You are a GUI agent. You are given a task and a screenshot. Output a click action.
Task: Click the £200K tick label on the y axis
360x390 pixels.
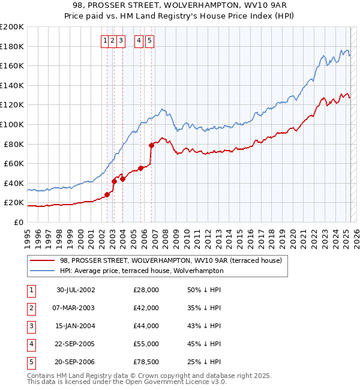pyautogui.click(x=12, y=26)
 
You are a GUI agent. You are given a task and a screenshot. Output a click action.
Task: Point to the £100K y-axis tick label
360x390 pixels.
pyautogui.click(x=12, y=124)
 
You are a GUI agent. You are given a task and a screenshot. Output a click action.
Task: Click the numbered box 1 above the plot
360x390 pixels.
pyautogui.click(x=105, y=41)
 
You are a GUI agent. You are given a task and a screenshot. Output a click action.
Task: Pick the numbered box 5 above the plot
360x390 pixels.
pyautogui.click(x=149, y=41)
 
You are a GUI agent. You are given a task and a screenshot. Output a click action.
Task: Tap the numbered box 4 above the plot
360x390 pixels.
pyautogui.click(x=139, y=41)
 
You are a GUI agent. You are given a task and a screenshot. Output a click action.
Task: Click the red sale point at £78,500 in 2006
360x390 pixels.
pyautogui.click(x=151, y=145)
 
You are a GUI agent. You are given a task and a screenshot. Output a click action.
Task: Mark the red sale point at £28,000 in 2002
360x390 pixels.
pyautogui.click(x=107, y=194)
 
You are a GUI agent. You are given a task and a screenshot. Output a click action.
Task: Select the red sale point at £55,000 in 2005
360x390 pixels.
pyautogui.click(x=141, y=168)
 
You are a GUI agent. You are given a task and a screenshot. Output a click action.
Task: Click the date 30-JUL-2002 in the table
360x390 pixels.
pyautogui.click(x=76, y=290)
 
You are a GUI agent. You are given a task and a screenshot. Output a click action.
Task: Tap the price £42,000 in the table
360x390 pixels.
pyautogui.click(x=146, y=308)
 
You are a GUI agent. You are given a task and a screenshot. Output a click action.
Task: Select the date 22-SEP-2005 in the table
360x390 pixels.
pyautogui.click(x=76, y=344)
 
